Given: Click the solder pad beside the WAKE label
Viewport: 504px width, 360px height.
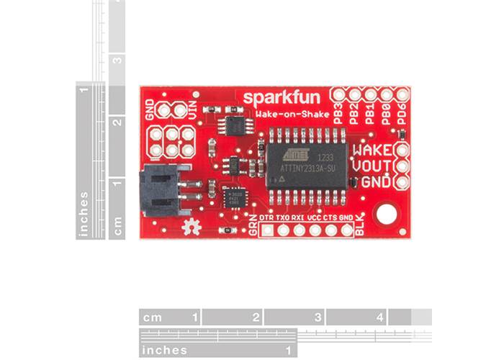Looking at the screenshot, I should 401,150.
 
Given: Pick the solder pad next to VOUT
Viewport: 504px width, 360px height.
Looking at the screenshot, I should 401,166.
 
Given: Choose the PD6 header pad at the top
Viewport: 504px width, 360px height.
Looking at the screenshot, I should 402,94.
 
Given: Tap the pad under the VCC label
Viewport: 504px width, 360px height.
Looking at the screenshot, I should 315,230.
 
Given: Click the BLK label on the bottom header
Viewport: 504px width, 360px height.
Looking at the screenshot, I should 361,227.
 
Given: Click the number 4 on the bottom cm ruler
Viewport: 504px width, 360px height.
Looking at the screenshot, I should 379,317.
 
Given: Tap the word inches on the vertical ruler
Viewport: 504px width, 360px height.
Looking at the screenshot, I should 84,214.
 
